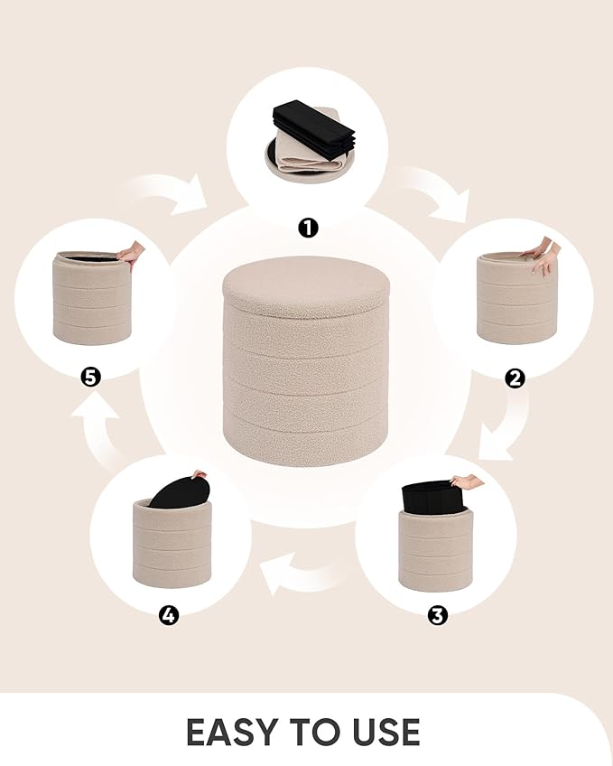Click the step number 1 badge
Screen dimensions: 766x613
tap(308, 228)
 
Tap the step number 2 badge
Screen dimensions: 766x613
tap(515, 378)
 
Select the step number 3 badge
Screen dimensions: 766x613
tap(437, 615)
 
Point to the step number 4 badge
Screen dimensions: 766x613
tap(169, 615)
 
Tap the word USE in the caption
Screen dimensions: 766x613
tap(382, 731)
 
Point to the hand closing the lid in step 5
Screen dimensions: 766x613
tap(132, 254)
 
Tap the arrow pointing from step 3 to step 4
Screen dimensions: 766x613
tap(302, 571)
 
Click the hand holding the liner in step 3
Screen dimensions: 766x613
tap(468, 481)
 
